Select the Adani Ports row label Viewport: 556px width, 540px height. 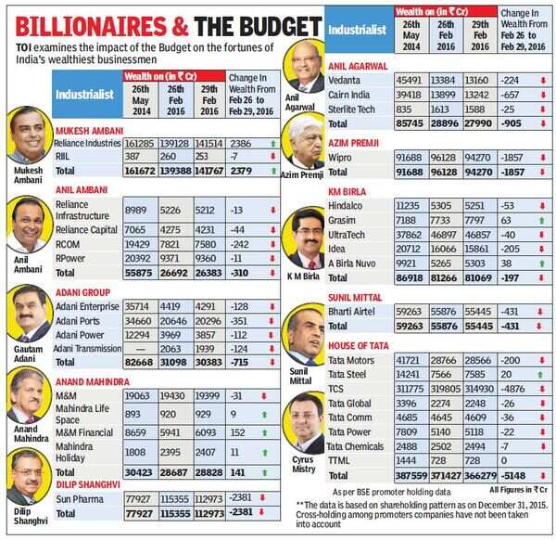coord(82,318)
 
